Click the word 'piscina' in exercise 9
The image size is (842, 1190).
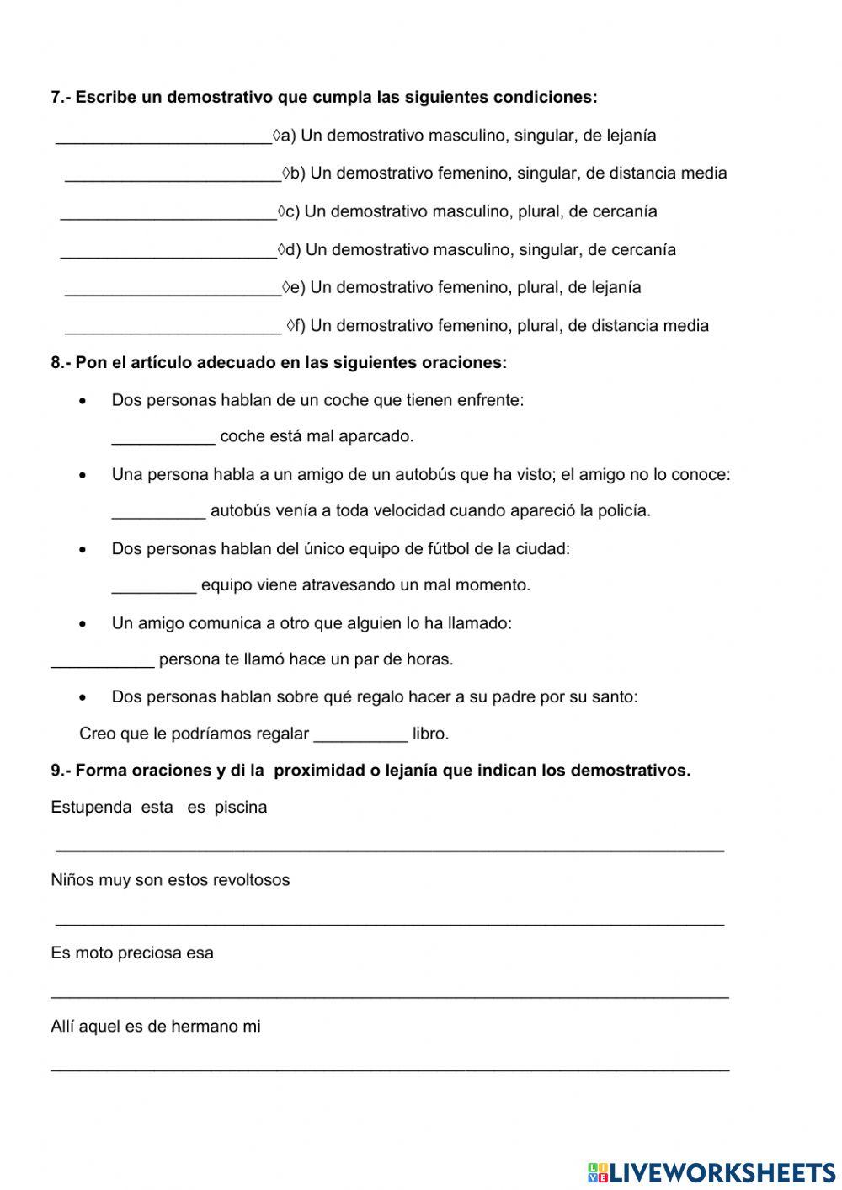coord(241,808)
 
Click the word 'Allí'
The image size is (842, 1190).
coord(62,1027)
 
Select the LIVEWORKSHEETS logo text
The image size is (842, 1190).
coord(722,1171)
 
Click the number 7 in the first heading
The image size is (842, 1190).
coord(56,98)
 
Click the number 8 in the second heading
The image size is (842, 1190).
coord(56,363)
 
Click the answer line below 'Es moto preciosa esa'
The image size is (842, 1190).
coord(390,995)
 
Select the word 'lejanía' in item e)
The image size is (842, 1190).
coord(616,288)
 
